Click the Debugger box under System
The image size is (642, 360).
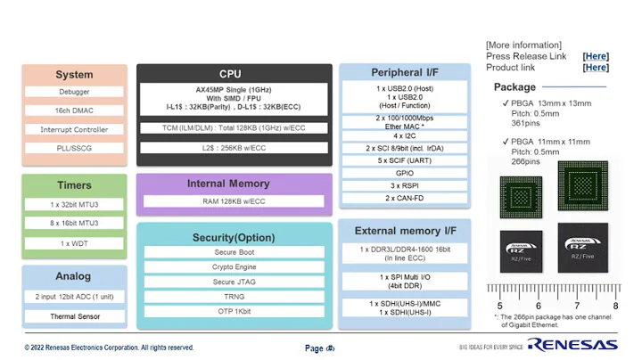pyautogui.click(x=74, y=92)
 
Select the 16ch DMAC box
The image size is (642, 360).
pyautogui.click(x=74, y=110)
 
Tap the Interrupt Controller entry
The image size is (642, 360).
pyautogui.click(x=74, y=130)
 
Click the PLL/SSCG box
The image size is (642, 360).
pyautogui.click(x=74, y=149)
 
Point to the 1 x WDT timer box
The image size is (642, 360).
pyautogui.click(x=74, y=243)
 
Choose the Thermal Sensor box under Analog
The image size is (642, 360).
pyautogui.click(x=74, y=316)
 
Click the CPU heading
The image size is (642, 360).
pyautogui.click(x=230, y=74)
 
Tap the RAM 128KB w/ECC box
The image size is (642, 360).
pyautogui.click(x=235, y=201)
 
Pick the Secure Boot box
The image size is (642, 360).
pyautogui.click(x=235, y=252)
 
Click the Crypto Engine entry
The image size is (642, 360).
pyautogui.click(x=235, y=266)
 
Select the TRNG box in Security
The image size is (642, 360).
pyautogui.click(x=235, y=296)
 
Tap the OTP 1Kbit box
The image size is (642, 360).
pyautogui.click(x=235, y=310)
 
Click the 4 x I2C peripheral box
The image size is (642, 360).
pyautogui.click(x=405, y=135)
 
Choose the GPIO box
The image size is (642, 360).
pyautogui.click(x=405, y=173)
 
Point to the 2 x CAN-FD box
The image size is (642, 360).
pyautogui.click(x=405, y=198)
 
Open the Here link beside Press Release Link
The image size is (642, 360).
pyautogui.click(x=596, y=56)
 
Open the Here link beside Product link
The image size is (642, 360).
pyautogui.click(x=596, y=68)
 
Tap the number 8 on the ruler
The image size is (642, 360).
pyautogui.click(x=615, y=306)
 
